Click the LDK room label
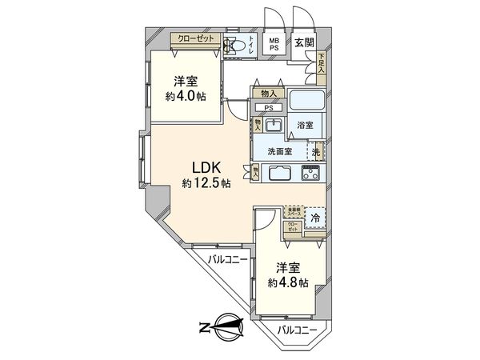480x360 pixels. (x=206, y=167)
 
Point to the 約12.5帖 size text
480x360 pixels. (x=206, y=183)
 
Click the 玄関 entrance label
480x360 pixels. (x=303, y=42)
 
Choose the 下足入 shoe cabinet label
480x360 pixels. (x=321, y=62)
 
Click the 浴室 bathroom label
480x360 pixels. (x=305, y=126)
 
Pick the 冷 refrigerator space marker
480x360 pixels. (x=315, y=218)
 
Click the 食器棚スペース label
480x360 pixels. (x=294, y=212)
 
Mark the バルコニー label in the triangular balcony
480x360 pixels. (x=226, y=259)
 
